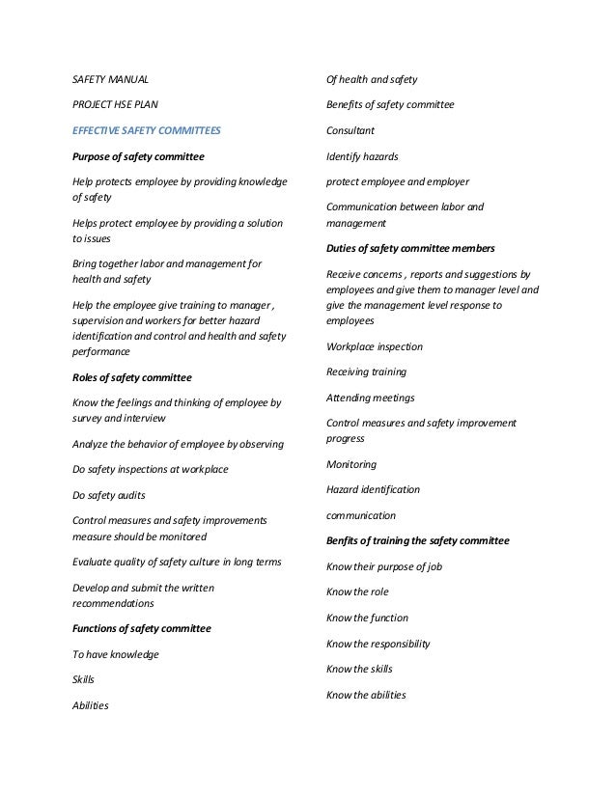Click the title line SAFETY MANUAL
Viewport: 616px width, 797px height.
pos(111,79)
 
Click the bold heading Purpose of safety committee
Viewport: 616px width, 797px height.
pos(139,155)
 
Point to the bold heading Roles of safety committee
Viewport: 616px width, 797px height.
pos(132,377)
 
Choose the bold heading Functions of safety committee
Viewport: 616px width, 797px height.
pos(142,628)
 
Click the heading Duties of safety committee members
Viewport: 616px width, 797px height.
pos(410,248)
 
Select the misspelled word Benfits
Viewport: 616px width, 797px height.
pos(345,540)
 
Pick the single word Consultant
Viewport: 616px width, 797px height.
pos(350,129)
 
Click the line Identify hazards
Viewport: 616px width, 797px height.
pos(362,155)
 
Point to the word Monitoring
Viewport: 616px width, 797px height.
pos(351,464)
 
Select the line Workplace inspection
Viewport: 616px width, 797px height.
pos(375,346)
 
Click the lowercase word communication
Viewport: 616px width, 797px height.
pos(361,515)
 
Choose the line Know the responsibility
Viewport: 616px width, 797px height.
pos(378,644)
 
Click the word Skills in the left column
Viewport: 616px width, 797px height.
pos(84,679)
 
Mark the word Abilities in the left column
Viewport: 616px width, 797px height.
pos(91,705)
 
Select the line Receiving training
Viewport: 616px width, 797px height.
pos(367,371)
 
